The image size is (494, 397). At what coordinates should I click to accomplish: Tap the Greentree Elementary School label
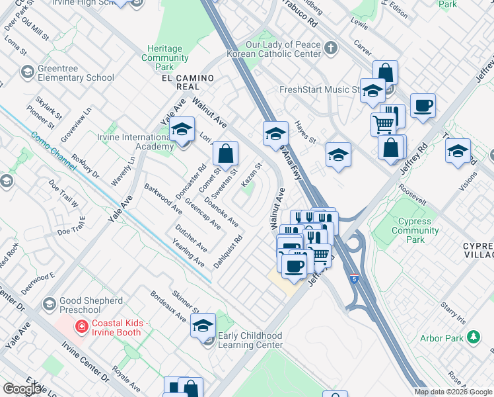[x=75, y=73]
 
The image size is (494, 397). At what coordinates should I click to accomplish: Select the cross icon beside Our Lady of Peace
[x=330, y=48]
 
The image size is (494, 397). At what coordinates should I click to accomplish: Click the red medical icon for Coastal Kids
[x=81, y=326]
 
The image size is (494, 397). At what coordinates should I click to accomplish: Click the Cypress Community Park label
[x=415, y=230]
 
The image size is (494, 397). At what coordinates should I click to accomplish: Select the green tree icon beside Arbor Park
[x=473, y=338]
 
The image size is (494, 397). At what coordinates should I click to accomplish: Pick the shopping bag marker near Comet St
[x=226, y=154]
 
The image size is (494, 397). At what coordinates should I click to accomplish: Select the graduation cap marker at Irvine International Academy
[x=182, y=130]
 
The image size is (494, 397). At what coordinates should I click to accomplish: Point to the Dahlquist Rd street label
[x=228, y=252]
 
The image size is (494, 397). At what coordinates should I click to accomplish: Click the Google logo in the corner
[x=23, y=389]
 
